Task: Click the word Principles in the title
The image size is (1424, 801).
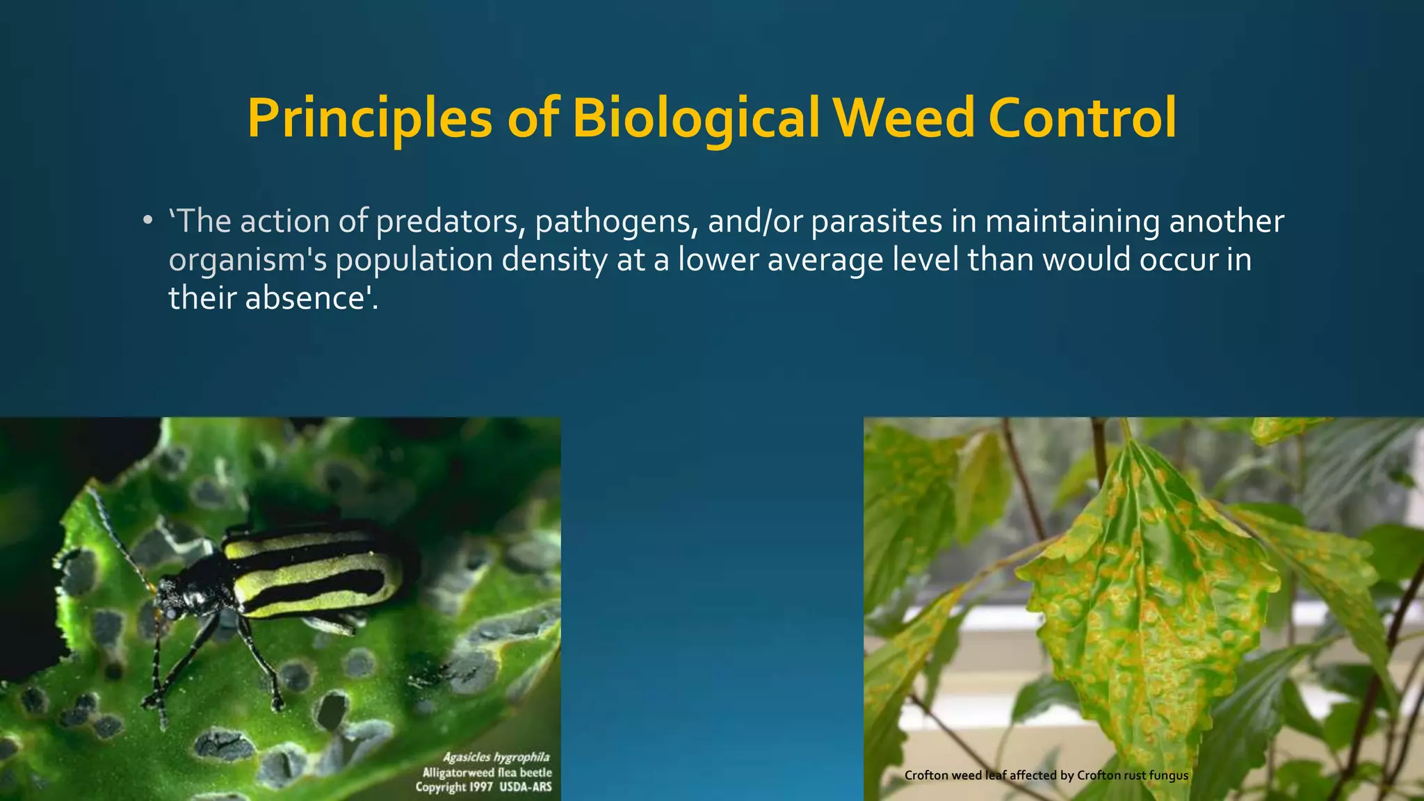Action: (x=369, y=118)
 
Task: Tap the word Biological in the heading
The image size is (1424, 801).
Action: (x=695, y=118)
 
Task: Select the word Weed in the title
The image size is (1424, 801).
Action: (x=904, y=118)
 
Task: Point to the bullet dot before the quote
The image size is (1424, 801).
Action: (x=147, y=222)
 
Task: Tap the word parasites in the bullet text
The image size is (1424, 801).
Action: (x=877, y=222)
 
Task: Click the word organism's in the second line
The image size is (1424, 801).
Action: (x=247, y=260)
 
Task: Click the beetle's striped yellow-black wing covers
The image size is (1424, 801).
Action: (x=313, y=570)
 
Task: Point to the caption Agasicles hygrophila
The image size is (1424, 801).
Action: (x=496, y=757)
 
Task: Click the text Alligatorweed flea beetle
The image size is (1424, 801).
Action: (x=487, y=772)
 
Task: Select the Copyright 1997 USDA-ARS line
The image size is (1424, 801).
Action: (x=483, y=787)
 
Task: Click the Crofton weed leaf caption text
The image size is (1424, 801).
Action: (x=1046, y=775)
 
